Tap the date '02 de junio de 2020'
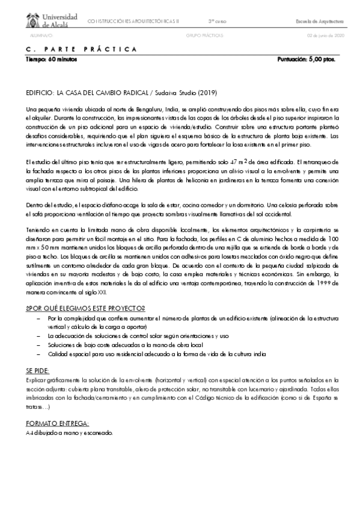click(325, 35)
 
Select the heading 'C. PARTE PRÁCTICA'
click(81, 50)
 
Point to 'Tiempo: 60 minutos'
click(49, 60)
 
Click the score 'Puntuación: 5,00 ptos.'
click(306, 60)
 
